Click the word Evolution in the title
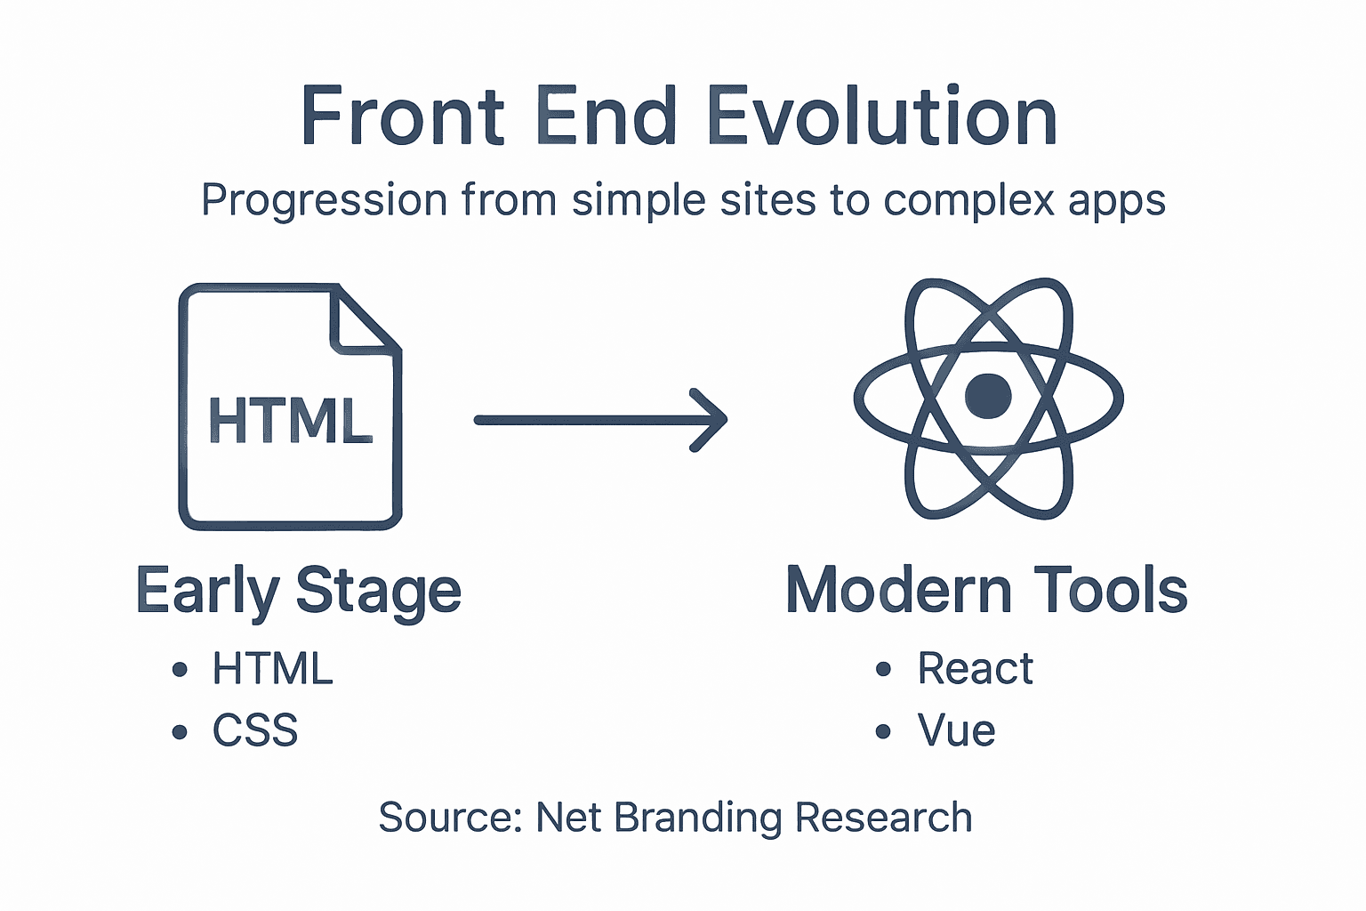(881, 117)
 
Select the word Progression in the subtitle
(324, 201)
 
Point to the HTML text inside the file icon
(290, 421)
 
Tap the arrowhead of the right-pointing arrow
(711, 420)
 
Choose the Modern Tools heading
(986, 590)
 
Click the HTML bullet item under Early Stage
(272, 669)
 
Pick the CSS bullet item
(255, 731)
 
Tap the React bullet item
(975, 669)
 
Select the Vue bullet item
(956, 731)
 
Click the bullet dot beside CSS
(181, 732)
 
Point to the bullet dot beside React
(883, 669)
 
